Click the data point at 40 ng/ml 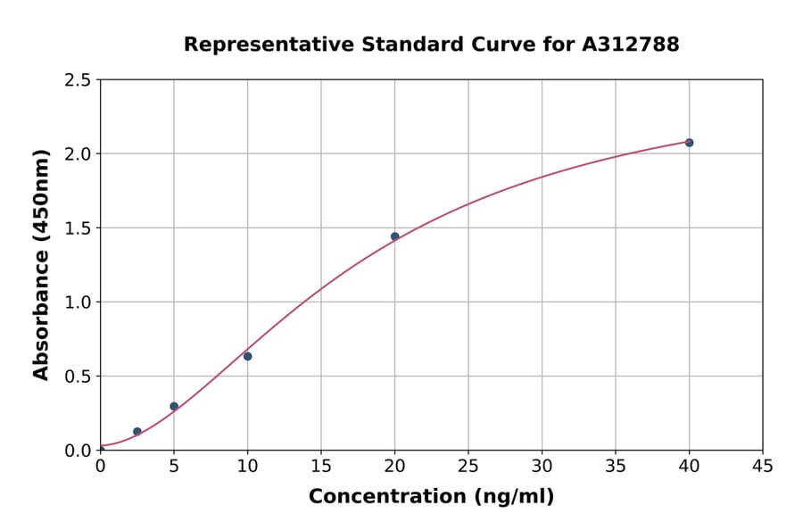pos(689,143)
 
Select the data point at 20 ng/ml pos(394,236)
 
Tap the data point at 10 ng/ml pos(247,356)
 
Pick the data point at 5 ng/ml pos(174,406)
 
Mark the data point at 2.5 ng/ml pos(137,432)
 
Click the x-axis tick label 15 pos(321,466)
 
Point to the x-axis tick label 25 pos(468,466)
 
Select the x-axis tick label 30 pos(542,466)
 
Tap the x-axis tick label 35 pos(616,466)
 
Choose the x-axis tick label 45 pos(763,466)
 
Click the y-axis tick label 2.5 pos(79,80)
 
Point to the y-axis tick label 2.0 pos(79,154)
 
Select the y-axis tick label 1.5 pos(79,228)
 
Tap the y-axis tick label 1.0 pos(79,302)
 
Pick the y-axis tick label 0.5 pos(79,377)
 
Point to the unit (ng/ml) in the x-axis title pos(513,497)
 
